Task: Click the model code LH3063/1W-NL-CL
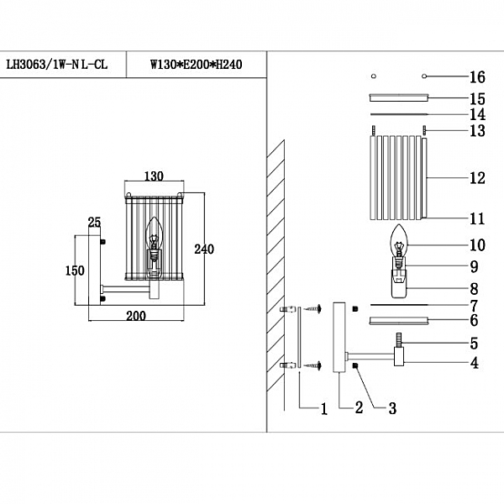point(57,65)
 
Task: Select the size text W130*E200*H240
point(197,65)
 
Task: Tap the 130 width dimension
point(154,176)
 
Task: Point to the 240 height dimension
point(204,249)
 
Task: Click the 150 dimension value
point(75,270)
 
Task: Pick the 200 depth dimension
point(136,316)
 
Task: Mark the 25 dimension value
point(94,222)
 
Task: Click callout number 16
point(477,77)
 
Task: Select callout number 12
point(477,178)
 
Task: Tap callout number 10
point(477,245)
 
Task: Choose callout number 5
point(474,344)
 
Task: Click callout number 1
point(324,408)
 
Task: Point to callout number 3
point(392,408)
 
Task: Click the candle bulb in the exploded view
point(398,241)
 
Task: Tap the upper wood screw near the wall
point(312,309)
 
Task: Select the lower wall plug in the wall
point(288,365)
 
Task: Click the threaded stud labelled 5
point(399,340)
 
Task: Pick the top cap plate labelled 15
point(398,97)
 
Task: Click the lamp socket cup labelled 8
point(398,284)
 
